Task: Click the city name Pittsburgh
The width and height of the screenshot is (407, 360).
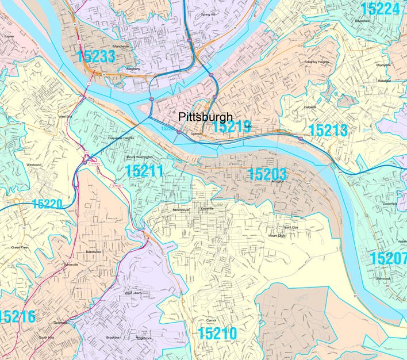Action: (205, 116)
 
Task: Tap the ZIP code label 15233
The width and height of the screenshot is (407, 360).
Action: (95, 56)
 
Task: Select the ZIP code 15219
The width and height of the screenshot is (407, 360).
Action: (231, 127)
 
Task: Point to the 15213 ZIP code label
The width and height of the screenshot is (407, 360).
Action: (328, 130)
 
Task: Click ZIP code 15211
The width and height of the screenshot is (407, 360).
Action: (144, 170)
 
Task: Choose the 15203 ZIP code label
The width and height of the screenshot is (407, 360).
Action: (266, 174)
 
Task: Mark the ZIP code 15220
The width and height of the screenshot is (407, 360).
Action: (47, 204)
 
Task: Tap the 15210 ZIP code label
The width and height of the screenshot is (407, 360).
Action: (217, 333)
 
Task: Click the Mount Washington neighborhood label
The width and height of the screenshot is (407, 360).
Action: (140, 157)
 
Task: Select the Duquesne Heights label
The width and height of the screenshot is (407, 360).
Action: (120, 138)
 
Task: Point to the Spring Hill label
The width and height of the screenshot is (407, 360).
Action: (208, 14)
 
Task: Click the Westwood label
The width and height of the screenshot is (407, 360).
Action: (34, 165)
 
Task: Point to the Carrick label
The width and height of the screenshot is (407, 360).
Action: (210, 320)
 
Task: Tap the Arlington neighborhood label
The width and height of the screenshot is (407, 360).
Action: (278, 182)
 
